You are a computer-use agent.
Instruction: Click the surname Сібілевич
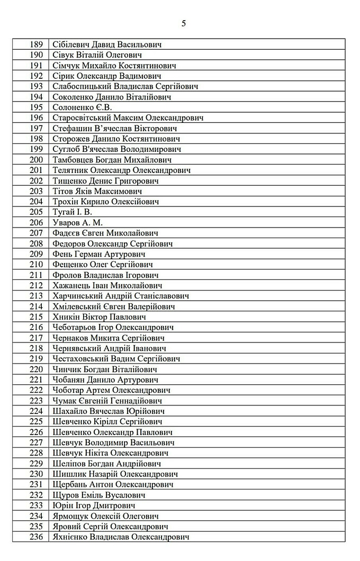click(72, 44)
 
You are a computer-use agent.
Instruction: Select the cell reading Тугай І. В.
click(73, 212)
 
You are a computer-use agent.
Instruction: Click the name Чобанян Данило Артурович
click(105, 379)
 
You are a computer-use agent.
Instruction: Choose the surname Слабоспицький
click(88, 86)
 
